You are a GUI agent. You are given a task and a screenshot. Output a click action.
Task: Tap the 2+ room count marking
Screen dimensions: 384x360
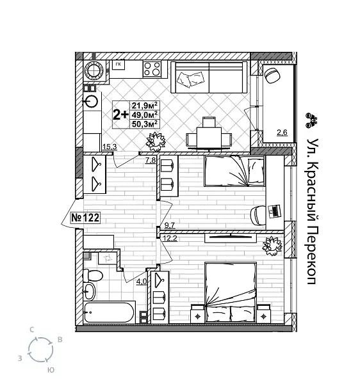tap(120, 115)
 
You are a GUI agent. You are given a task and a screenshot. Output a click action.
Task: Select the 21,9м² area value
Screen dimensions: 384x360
tap(145, 106)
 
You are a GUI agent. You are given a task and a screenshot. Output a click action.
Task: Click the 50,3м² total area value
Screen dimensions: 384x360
tap(145, 124)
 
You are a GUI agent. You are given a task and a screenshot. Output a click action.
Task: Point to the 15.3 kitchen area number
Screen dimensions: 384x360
tap(109, 147)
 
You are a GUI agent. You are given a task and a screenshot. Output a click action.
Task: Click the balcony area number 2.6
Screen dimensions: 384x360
tap(282, 133)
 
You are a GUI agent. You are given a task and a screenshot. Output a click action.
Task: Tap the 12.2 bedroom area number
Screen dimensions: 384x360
tap(170, 239)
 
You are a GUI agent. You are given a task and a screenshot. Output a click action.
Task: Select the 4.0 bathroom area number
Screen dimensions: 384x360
tap(142, 280)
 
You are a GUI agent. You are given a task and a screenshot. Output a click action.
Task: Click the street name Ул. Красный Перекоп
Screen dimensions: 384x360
tap(313, 211)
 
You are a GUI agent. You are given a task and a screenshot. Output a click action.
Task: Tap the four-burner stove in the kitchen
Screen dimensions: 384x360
tap(151, 68)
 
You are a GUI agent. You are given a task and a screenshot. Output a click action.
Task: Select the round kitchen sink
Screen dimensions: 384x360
tap(92, 100)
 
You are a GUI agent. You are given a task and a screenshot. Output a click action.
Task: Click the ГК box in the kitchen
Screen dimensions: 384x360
tap(118, 64)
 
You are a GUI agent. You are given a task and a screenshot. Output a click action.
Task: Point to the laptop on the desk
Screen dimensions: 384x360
tap(274, 209)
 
